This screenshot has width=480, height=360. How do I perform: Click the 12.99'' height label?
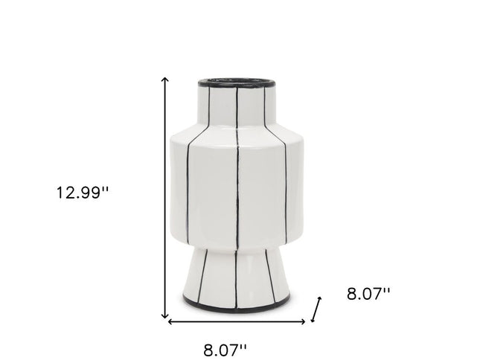click(x=82, y=192)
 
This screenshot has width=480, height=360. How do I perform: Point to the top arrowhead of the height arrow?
click(x=166, y=78)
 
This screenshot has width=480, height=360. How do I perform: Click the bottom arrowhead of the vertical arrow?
click(x=166, y=315)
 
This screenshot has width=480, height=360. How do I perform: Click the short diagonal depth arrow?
click(x=317, y=309)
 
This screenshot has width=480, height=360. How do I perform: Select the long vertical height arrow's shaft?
click(x=166, y=197)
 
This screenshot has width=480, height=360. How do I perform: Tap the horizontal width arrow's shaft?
click(x=237, y=322)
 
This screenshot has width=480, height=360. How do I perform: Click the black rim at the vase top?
click(x=237, y=83)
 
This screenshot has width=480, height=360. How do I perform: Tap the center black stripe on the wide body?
click(x=237, y=186)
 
